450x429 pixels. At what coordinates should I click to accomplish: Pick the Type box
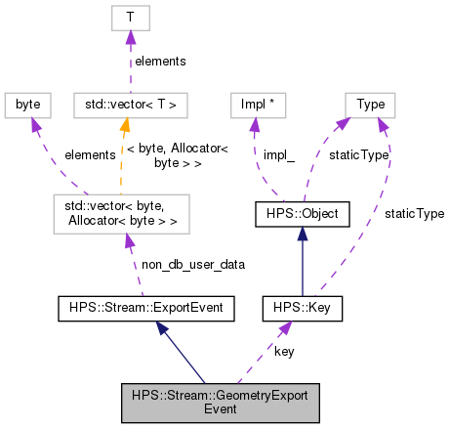click(x=370, y=103)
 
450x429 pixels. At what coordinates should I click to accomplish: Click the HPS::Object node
click(x=302, y=212)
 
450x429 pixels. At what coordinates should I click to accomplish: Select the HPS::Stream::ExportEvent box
click(x=142, y=309)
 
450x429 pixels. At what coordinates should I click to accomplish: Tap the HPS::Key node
click(x=302, y=309)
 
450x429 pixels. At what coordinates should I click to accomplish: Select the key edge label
click(x=284, y=350)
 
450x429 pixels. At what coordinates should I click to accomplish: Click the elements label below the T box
click(x=161, y=61)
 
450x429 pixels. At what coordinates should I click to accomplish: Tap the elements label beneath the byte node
click(x=90, y=153)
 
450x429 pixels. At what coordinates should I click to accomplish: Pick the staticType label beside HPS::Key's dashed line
click(x=409, y=212)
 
